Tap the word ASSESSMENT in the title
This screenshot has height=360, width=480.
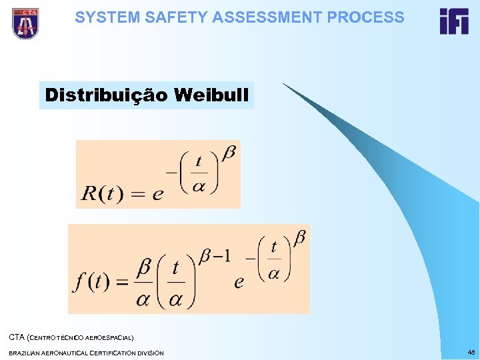coord(258,17)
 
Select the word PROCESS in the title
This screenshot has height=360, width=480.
coord(365,17)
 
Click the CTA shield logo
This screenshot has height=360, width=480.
coord(25,23)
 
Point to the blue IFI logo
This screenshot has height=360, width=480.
coord(454,21)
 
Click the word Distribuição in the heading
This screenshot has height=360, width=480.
coord(106,95)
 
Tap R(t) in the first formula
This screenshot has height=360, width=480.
coord(102,194)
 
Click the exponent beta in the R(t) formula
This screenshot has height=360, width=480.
coord(228,153)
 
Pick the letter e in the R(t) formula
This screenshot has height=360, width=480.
coord(158,195)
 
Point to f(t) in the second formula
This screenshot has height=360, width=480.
coord(91,281)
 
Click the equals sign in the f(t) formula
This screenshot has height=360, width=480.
coord(121,281)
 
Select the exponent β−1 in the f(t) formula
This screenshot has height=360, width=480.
coord(216,255)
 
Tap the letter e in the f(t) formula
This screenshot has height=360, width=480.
coord(239,282)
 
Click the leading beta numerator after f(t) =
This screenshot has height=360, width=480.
coord(143,267)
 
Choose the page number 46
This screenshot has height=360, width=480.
coord(471,351)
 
